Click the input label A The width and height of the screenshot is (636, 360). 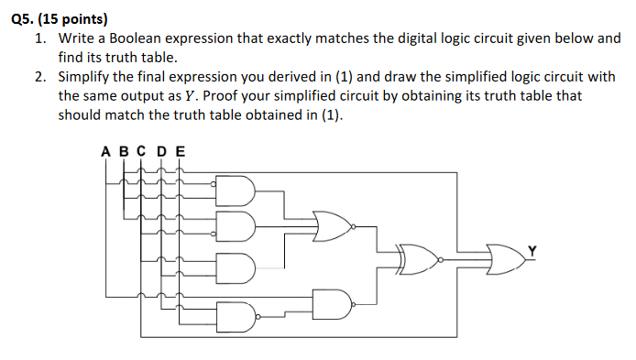tap(105, 151)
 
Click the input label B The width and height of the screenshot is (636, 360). tap(122, 151)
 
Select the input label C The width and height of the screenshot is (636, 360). tap(140, 151)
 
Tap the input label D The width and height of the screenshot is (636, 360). tap(160, 151)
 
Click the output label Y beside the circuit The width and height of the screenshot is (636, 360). tap(532, 248)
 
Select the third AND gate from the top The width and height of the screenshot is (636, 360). tap(234, 266)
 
